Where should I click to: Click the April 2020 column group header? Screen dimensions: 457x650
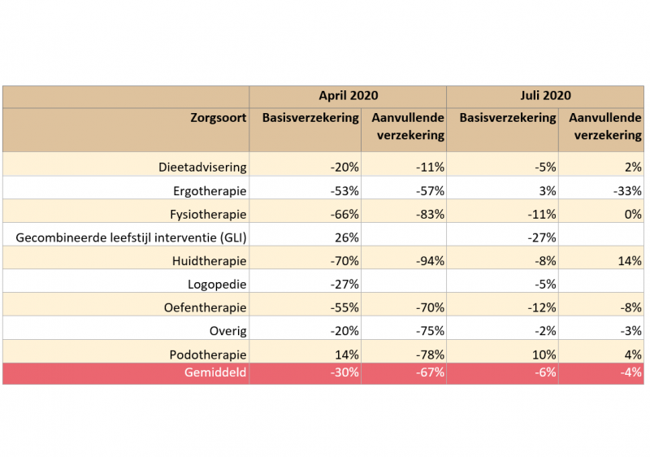coord(348,96)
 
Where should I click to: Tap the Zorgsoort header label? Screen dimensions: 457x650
coord(219,118)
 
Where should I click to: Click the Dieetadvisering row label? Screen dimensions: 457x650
coord(202,168)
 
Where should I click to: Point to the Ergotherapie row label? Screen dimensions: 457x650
coord(210,191)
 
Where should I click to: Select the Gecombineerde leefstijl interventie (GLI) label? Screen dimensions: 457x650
coord(131,237)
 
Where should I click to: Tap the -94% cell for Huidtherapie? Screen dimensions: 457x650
coord(427,261)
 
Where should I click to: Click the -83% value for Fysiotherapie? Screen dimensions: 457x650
coord(427,215)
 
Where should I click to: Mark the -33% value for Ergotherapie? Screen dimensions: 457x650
coord(626,191)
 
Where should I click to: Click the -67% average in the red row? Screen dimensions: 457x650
coord(427,372)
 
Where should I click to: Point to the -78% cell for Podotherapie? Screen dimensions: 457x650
coord(427,355)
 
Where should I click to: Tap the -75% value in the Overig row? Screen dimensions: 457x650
coord(427,331)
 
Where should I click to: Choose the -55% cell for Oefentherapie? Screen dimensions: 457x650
coord(342,308)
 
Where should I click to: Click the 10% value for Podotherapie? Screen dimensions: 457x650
coord(544,355)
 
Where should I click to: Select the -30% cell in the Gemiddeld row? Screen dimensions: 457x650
coord(342,372)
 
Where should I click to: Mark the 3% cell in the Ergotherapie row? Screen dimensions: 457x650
coord(547,191)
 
